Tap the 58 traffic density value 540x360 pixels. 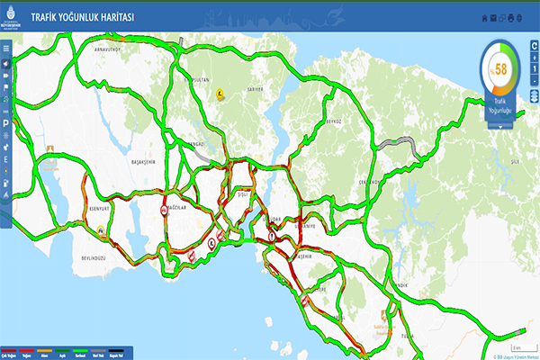click(x=499, y=68)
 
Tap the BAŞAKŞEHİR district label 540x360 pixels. click(x=144, y=163)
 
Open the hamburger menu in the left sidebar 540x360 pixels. click(x=5, y=49)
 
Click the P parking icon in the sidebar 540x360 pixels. click(x=5, y=121)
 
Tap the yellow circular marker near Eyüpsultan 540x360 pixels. click(x=220, y=92)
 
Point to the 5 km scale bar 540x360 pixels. click(x=517, y=346)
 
